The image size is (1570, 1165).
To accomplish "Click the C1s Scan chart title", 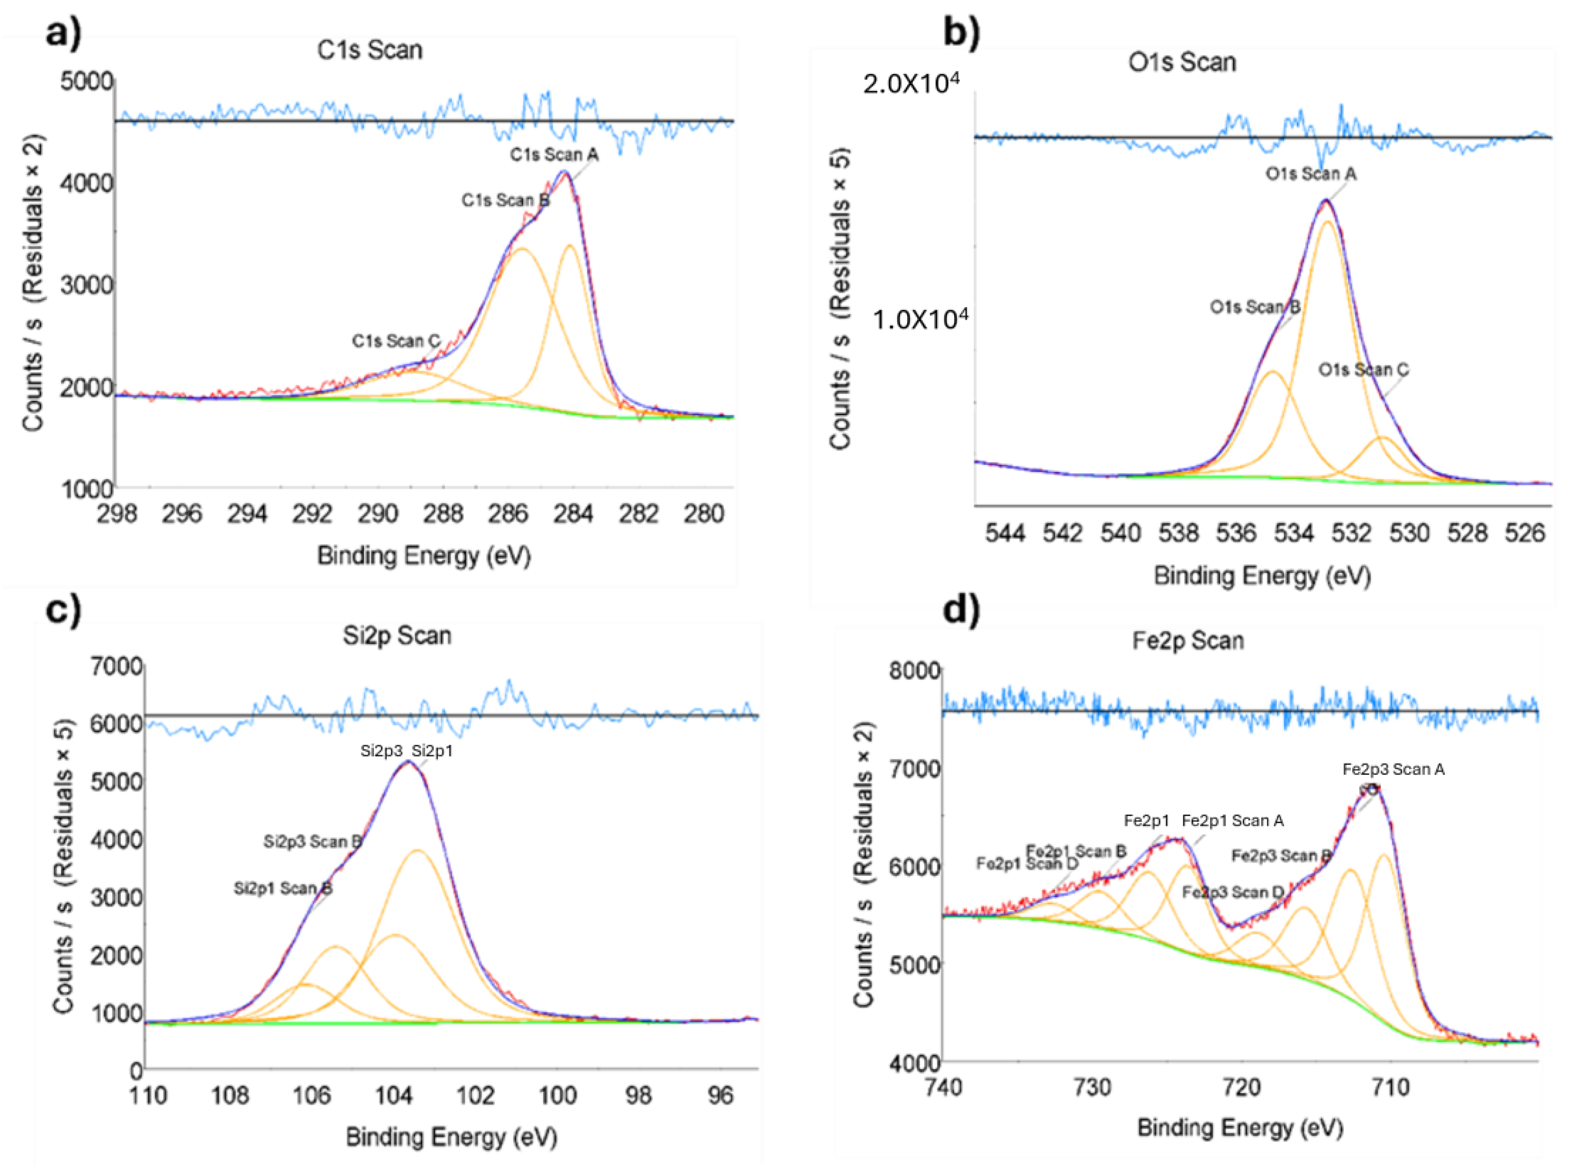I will tap(370, 51).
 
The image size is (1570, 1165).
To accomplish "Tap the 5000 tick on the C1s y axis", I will tap(87, 81).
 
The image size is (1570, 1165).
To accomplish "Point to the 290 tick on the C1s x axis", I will tap(377, 514).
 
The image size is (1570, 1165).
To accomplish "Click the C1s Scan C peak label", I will tap(396, 341).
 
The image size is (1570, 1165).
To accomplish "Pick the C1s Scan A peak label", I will tap(554, 154).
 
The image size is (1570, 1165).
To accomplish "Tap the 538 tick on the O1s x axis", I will tap(1178, 533).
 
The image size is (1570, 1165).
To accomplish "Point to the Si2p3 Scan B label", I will tap(312, 841).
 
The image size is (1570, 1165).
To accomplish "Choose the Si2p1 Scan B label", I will tap(283, 889).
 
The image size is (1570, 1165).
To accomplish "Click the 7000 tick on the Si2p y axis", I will tap(116, 666).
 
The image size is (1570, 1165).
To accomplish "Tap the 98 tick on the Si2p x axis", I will tap(638, 1095).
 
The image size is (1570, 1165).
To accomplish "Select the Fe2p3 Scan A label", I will tap(1393, 769).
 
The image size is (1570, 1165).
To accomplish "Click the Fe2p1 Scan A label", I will tap(1232, 820).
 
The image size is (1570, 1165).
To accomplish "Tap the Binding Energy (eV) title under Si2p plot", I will tap(451, 1137).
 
